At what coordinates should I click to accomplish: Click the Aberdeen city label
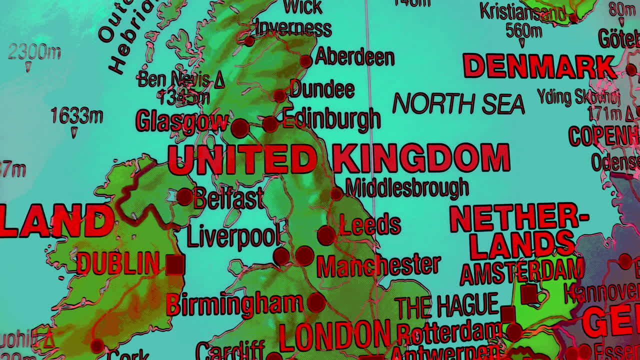[354, 57]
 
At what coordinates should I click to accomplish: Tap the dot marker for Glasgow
[240, 128]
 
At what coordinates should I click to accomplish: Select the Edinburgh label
[331, 119]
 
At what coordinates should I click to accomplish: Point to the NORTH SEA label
[458, 103]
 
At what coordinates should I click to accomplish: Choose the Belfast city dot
[184, 196]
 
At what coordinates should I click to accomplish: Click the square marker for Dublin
[175, 264]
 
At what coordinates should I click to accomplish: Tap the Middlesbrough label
[407, 188]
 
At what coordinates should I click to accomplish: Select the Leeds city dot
[326, 235]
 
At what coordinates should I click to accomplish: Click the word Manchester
[378, 265]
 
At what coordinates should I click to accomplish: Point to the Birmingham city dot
[316, 302]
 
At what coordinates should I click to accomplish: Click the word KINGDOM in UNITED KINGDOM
[421, 158]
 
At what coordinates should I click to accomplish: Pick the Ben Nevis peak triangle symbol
[219, 81]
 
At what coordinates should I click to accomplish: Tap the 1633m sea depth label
[77, 116]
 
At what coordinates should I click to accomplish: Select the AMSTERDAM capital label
[521, 272]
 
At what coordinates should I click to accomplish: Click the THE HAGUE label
[446, 306]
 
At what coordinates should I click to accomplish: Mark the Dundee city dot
[279, 95]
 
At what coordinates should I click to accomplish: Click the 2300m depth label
[34, 51]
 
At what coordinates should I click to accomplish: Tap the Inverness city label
[293, 28]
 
